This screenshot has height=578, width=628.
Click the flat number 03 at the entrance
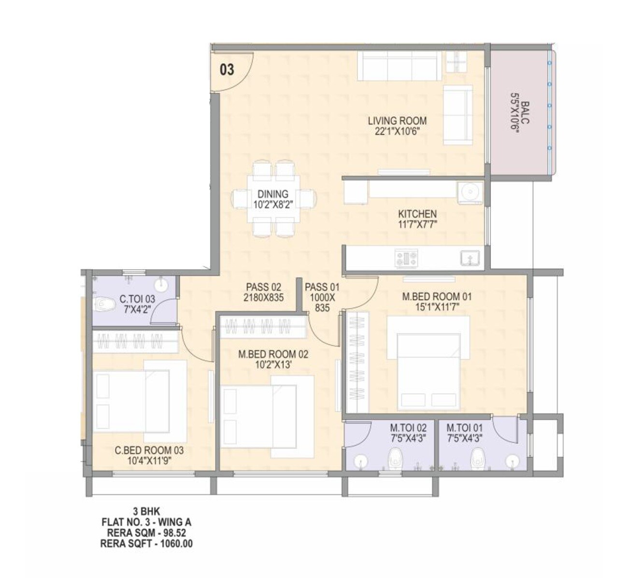click(227, 70)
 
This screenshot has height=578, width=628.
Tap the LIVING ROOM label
click(397, 121)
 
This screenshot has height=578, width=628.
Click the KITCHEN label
click(417, 214)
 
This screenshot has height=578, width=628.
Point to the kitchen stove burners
click(405, 258)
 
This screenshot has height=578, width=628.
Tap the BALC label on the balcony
click(525, 113)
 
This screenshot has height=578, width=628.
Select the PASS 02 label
click(263, 287)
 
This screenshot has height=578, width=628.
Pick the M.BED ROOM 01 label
click(437, 296)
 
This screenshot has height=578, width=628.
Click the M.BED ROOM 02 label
click(273, 354)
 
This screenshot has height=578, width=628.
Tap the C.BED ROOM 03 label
click(149, 451)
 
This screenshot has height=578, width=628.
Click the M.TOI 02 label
click(408, 428)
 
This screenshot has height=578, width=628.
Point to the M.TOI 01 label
click(464, 428)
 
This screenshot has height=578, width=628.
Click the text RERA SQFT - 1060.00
click(149, 543)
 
